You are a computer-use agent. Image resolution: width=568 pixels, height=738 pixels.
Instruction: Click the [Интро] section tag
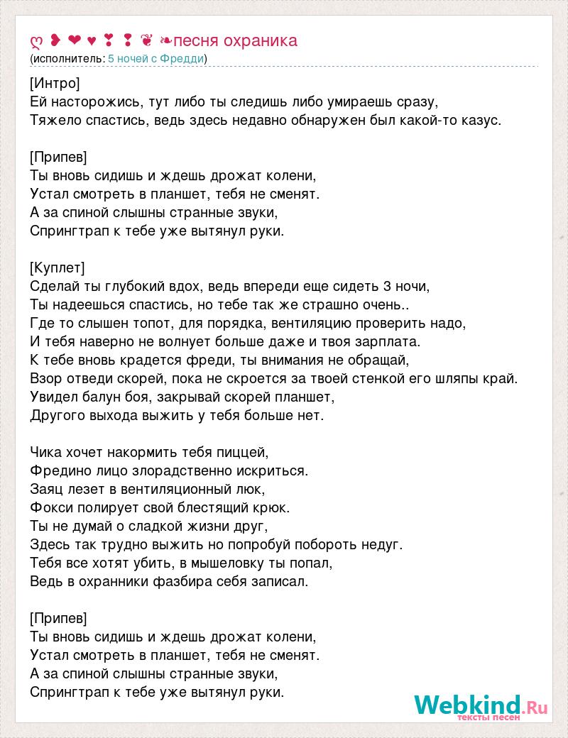(55, 83)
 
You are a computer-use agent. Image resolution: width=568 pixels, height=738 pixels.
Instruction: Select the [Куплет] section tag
(58, 268)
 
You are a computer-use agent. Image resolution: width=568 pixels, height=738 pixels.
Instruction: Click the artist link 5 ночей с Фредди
(155, 58)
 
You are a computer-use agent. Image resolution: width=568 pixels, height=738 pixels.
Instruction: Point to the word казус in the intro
(482, 120)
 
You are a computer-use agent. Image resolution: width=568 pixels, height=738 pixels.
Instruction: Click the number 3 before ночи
(386, 286)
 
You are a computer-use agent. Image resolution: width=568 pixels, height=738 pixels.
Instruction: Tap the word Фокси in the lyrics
(50, 507)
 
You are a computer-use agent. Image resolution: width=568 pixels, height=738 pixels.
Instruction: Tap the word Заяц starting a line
(48, 489)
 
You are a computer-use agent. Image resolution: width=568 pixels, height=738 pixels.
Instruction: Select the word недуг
(383, 544)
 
